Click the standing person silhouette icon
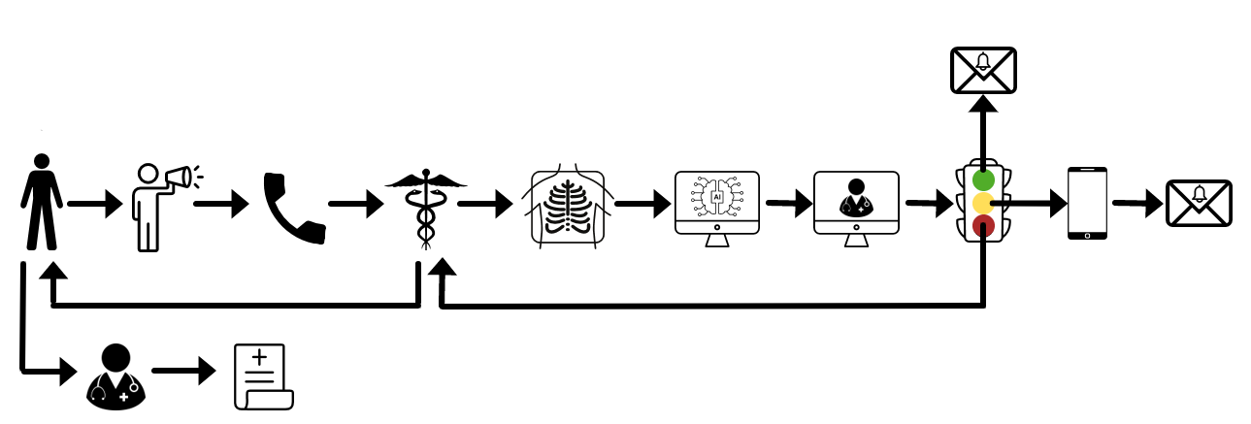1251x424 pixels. point(42,201)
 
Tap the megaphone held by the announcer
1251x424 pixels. point(179,178)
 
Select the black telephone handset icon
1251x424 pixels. point(293,207)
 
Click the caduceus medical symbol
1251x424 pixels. point(425,206)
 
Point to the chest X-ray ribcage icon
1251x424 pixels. point(568,207)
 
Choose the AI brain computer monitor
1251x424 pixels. point(717,204)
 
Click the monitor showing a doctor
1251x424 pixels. point(856,203)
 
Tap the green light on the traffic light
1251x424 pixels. point(983,180)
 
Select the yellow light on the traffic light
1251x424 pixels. point(983,204)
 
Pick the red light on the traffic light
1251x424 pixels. point(983,227)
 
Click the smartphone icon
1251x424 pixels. point(1087,203)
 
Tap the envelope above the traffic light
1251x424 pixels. point(983,70)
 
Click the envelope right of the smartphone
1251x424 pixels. point(1199,204)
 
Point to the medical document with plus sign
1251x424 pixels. point(262,376)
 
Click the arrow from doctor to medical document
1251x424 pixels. point(184,371)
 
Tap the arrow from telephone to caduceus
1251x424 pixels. point(356,205)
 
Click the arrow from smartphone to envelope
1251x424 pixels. point(1137,204)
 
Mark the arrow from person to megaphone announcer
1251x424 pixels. point(95,205)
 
